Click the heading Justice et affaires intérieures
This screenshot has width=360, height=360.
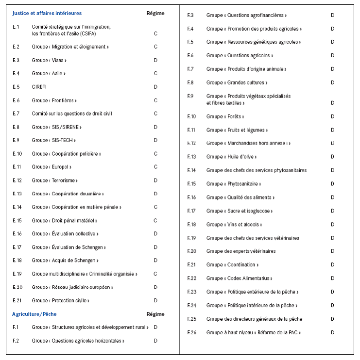(47, 13)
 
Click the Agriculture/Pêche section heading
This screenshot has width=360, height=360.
(34, 314)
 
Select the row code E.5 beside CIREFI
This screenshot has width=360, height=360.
(16, 87)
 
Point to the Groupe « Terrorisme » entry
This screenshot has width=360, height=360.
(54, 180)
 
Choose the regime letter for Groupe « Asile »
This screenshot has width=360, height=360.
(155, 74)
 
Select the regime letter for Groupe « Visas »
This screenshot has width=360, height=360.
(155, 60)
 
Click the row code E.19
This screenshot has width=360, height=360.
(17, 274)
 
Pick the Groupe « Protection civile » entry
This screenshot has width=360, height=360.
(61, 301)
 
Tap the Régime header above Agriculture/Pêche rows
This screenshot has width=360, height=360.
(155, 314)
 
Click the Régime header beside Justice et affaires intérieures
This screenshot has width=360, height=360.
(155, 13)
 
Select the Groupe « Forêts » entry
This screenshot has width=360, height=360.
(225, 116)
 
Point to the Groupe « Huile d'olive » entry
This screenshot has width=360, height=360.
(231, 157)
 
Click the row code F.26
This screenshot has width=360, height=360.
(192, 332)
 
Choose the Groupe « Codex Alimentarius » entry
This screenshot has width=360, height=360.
(239, 278)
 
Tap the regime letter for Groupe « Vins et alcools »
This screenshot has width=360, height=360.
(333, 225)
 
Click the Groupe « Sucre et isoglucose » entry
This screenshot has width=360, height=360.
(240, 211)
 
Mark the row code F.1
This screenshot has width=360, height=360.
(16, 327)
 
